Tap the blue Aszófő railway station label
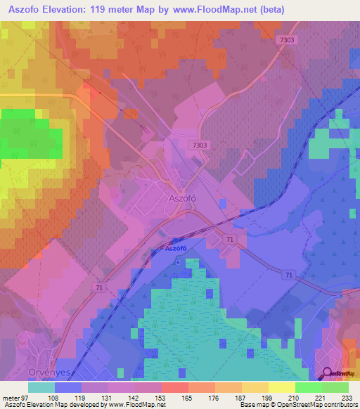177,249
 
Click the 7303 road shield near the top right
287,40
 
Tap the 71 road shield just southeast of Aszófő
230,240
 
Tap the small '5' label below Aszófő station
178,261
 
